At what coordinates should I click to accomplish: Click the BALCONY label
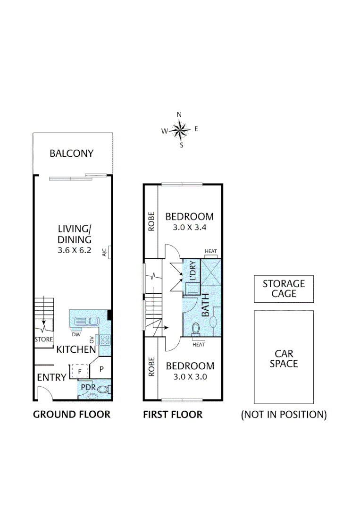(72, 153)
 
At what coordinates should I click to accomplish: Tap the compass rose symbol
(180, 129)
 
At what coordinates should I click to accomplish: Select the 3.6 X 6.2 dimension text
(72, 250)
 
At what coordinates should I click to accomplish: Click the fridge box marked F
(80, 371)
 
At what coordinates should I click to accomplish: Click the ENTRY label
(52, 377)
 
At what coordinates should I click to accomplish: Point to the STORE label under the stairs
(43, 339)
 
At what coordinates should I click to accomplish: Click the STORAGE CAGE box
(284, 289)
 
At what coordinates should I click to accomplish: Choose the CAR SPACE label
(284, 358)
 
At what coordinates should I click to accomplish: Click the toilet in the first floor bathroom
(197, 329)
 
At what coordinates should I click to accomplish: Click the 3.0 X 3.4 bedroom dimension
(189, 228)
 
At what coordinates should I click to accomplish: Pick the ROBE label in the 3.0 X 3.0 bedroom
(151, 368)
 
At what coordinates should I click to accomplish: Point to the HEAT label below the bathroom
(199, 344)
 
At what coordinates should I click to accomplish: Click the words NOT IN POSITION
(284, 415)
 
